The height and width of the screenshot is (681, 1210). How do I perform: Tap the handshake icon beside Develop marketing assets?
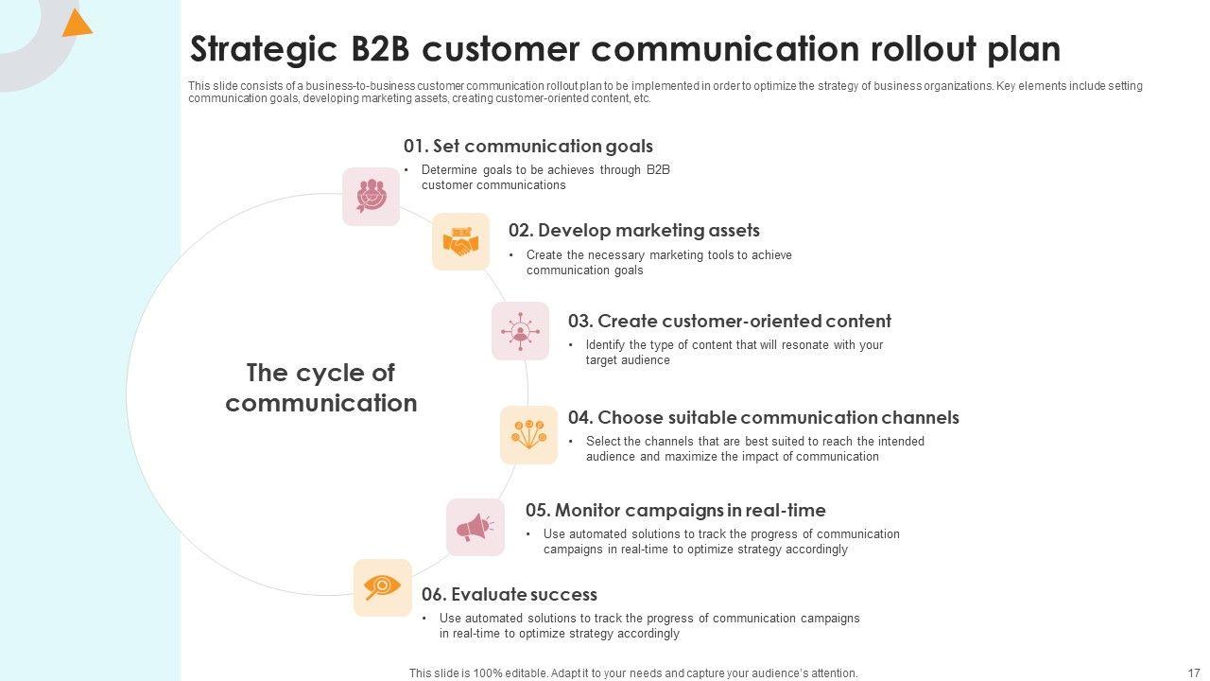pos(461,242)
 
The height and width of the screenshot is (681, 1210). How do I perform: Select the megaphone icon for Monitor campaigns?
pos(475,527)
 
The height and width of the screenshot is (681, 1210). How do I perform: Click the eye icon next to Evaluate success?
pos(382,587)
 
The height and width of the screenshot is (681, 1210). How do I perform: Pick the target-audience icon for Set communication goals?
pos(371,196)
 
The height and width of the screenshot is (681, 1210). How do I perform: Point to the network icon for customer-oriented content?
pos(520,331)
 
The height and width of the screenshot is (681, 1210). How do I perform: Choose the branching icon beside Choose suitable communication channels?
pos(528,434)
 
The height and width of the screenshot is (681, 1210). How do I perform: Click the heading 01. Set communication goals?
pos(527,146)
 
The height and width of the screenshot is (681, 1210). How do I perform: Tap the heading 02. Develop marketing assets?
pos(633,230)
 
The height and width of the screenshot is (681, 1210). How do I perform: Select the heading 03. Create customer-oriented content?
pos(729,321)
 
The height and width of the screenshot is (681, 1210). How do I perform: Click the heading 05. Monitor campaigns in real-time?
pos(675,510)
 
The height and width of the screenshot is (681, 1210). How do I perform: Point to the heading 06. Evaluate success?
pos(509,594)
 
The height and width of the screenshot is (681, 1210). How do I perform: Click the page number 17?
pos(1192,672)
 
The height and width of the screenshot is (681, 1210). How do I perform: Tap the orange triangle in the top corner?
pos(76,23)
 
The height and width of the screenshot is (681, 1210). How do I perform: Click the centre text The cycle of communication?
pos(321,388)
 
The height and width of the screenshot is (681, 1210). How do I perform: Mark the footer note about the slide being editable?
pos(633,672)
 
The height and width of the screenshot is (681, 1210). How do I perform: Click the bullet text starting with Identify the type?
pos(734,352)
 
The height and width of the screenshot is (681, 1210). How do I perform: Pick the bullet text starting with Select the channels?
pos(754,448)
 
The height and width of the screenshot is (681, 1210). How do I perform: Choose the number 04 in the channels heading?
pos(579,417)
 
